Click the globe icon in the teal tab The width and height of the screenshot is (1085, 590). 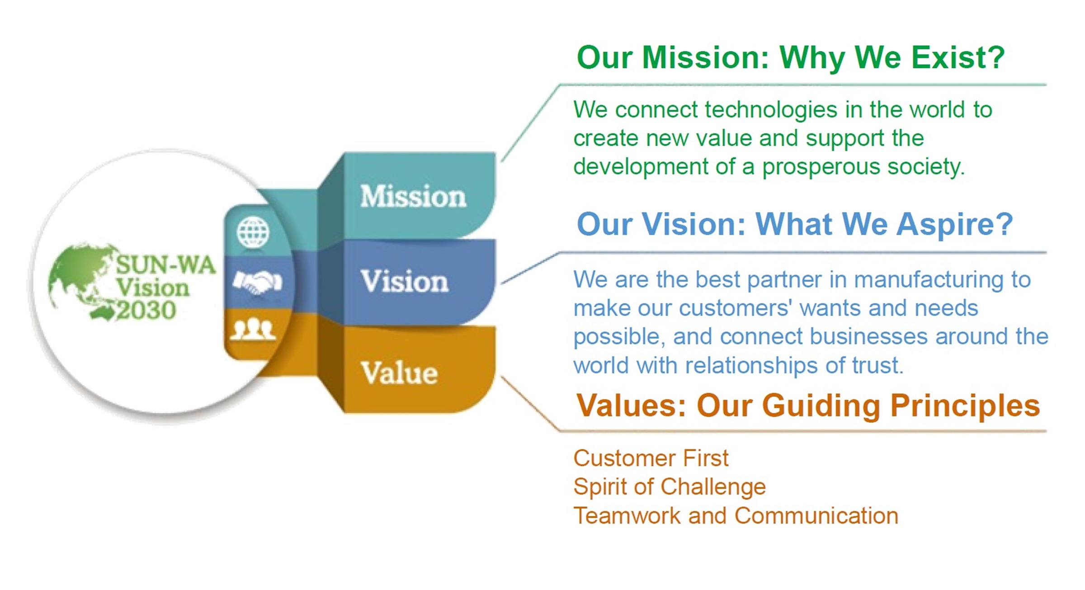(x=253, y=232)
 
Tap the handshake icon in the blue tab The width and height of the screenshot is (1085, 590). (x=257, y=282)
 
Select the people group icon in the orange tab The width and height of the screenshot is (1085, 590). (x=253, y=329)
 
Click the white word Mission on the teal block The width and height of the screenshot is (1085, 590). (x=413, y=196)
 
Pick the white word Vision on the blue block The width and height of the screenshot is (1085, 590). (x=405, y=281)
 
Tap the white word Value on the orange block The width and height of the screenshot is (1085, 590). (x=399, y=373)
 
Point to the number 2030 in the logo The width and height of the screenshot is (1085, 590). (x=146, y=310)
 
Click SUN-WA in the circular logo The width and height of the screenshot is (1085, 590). (x=165, y=264)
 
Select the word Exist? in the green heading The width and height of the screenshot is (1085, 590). (x=958, y=57)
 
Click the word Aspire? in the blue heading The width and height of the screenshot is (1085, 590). (x=954, y=225)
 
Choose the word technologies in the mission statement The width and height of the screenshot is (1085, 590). (x=771, y=110)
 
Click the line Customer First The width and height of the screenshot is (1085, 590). (x=651, y=458)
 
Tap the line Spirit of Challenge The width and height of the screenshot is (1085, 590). (x=670, y=487)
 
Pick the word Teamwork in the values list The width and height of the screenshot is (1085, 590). (x=627, y=515)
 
